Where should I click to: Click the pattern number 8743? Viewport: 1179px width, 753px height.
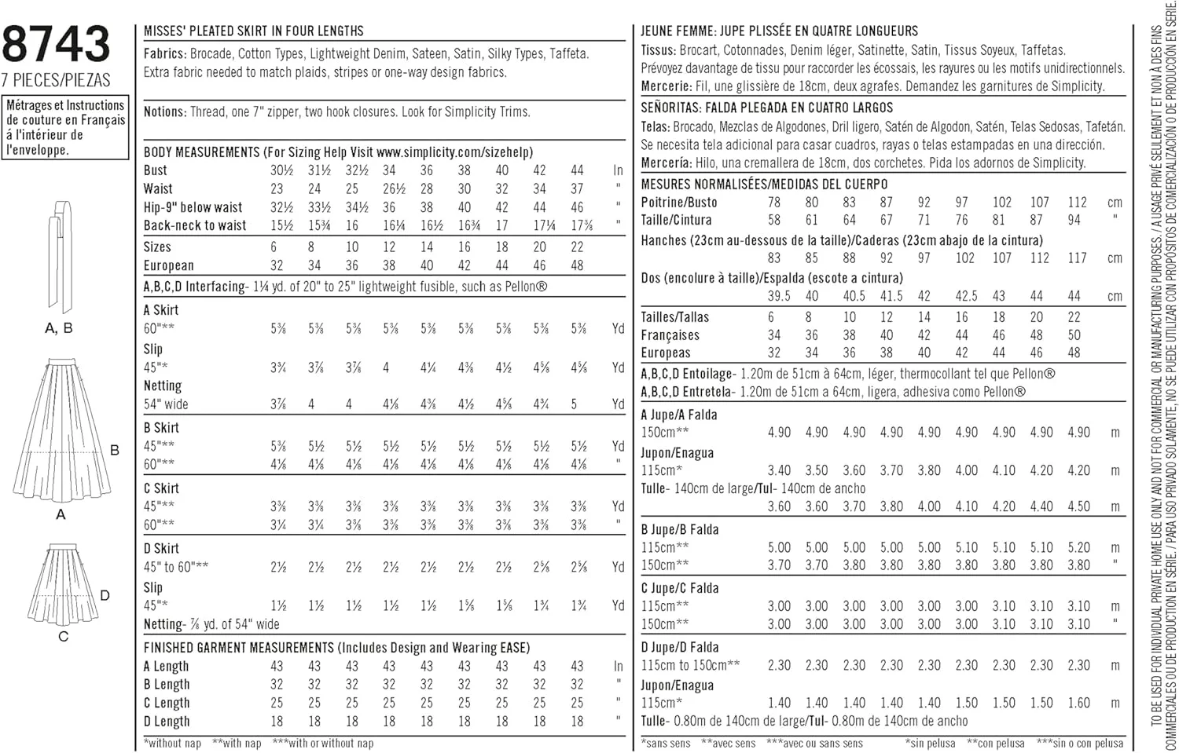[56, 44]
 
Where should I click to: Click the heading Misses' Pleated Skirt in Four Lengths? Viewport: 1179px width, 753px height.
[253, 31]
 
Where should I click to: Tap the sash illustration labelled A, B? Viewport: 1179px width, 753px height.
[60, 255]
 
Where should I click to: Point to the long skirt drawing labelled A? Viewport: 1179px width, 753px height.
[61, 432]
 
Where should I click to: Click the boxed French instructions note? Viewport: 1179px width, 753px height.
[66, 127]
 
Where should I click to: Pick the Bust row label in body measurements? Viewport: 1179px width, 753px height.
[155, 170]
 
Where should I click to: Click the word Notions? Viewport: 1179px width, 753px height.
[164, 112]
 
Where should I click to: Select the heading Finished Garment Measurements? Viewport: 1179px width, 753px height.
[336, 648]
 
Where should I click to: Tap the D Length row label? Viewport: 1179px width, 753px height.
[167, 722]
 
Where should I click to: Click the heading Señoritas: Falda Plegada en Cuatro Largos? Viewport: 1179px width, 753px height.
[766, 108]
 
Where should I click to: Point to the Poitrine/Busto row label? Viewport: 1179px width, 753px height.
[679, 203]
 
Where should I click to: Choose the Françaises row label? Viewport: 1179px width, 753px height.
[670, 335]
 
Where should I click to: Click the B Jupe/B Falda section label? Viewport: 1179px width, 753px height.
[680, 529]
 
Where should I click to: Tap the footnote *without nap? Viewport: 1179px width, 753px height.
[173, 743]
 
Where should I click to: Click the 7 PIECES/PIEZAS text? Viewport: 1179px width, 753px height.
[56, 80]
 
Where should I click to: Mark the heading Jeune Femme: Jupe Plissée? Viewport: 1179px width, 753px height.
[779, 31]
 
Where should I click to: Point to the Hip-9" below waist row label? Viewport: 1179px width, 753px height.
[193, 207]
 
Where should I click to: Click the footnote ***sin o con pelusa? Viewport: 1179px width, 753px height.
[1079, 743]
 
